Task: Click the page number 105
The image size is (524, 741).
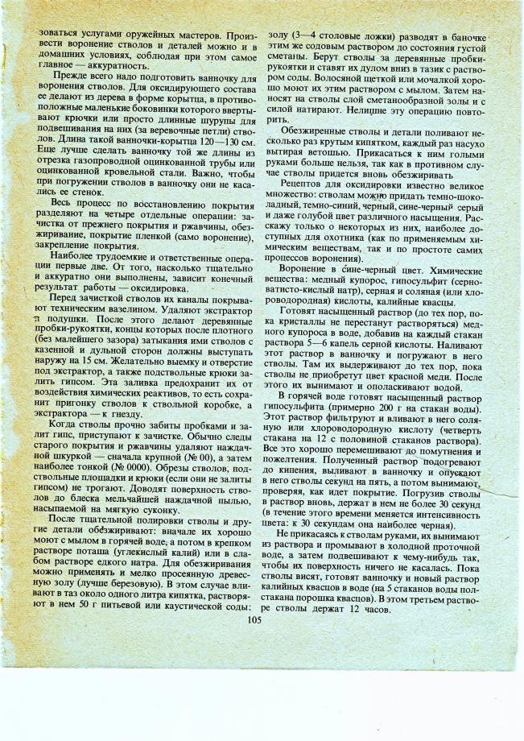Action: [255, 619]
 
